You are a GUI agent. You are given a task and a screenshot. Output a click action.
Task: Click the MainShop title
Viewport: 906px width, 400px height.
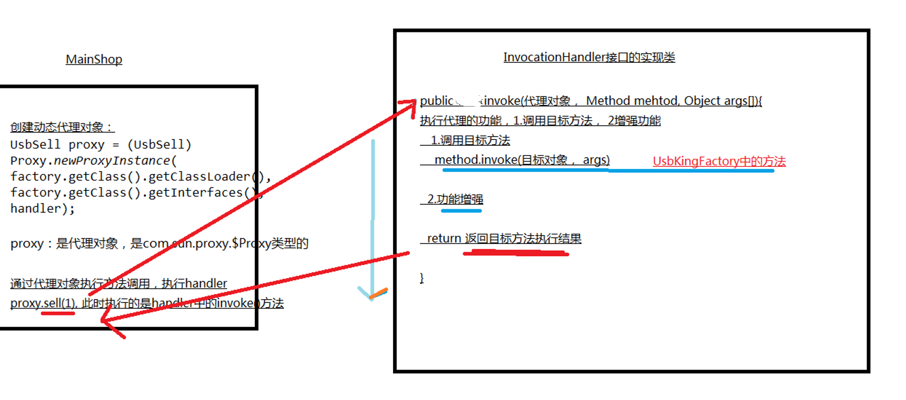[x=94, y=59]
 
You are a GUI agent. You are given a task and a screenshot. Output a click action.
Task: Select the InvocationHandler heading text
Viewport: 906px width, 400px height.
[x=589, y=57]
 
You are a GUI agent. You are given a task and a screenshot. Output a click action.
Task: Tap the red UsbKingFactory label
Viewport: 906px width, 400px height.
[x=719, y=161]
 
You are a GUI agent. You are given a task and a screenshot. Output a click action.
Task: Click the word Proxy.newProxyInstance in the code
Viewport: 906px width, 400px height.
[x=90, y=160]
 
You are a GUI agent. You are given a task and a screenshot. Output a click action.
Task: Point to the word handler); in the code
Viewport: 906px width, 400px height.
[x=42, y=209]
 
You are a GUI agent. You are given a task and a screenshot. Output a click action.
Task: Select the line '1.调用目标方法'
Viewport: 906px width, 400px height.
[x=470, y=140]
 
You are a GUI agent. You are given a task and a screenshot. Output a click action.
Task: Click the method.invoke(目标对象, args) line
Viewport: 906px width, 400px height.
[x=522, y=160]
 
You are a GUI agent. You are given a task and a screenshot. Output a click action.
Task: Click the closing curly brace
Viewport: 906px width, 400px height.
[x=422, y=278]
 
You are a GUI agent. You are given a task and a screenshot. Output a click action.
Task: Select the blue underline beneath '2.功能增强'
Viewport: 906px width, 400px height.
[x=461, y=210]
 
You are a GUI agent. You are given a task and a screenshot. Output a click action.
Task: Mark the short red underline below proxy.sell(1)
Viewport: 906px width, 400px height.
[x=57, y=313]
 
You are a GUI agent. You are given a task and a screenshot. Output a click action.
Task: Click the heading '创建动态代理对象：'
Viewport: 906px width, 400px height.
[x=62, y=127]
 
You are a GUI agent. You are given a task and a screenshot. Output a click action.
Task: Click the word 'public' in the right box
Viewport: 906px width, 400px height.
[x=436, y=101]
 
